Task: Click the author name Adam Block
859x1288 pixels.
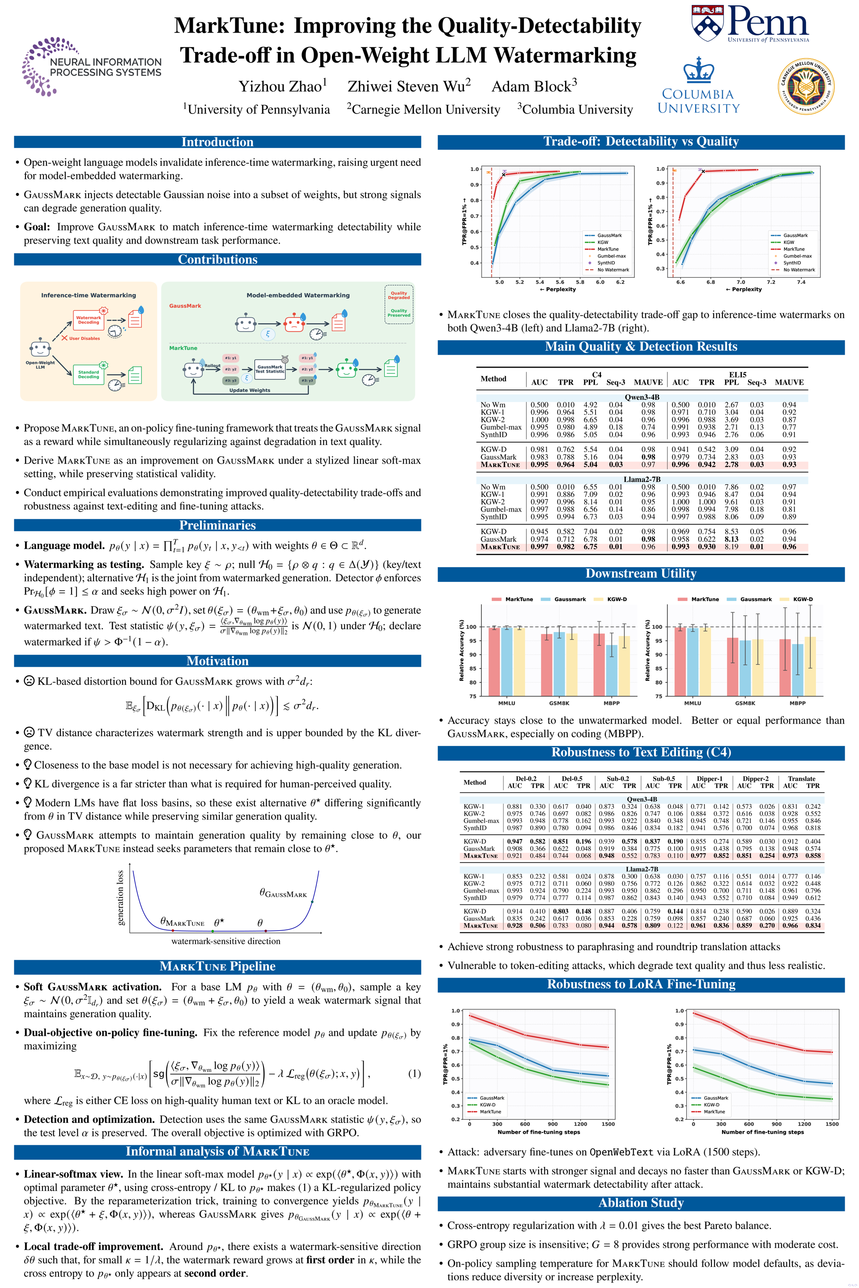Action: (534, 86)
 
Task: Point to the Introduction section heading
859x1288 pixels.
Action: (217, 142)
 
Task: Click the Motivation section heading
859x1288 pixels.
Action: (217, 661)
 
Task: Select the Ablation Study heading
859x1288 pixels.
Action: (641, 1203)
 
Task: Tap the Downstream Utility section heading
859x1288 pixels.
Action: (641, 573)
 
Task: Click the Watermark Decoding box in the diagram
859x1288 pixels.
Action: (88, 320)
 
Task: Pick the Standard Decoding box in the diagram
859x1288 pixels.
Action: (88, 375)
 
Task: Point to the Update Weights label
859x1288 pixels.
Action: (250, 390)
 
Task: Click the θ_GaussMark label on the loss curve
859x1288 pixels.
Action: (283, 893)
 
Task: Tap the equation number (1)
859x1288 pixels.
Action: (414, 1073)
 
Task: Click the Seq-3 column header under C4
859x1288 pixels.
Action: (615, 382)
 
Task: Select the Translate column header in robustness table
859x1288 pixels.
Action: (801, 778)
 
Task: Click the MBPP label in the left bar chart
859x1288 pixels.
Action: (612, 703)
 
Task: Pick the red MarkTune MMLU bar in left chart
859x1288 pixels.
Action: (494, 661)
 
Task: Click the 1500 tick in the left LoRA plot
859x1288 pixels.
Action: (608, 1124)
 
